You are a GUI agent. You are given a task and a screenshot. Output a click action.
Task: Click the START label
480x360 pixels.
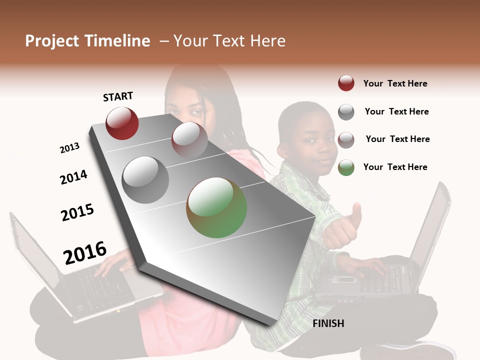pos(118,96)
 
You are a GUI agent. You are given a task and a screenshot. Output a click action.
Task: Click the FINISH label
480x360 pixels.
pos(328,323)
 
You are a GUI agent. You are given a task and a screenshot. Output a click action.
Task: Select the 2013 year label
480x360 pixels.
pos(69,147)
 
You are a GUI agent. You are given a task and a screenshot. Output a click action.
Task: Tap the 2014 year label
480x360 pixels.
pos(73,177)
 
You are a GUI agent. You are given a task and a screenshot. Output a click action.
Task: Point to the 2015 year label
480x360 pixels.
pos(77,212)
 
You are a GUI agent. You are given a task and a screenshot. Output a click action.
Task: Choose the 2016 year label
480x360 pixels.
pos(85,252)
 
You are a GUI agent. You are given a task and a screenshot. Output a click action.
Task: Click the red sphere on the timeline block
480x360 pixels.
pos(122,123)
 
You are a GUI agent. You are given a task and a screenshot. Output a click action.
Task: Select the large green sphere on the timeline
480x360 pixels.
pos(216,207)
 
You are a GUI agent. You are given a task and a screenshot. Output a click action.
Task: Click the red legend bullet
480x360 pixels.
pos(346,83)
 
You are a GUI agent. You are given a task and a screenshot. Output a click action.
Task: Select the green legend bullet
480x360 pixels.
pos(346,167)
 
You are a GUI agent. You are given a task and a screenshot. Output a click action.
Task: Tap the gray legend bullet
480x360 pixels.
pos(346,112)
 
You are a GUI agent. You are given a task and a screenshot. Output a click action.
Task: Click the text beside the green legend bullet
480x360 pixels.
pos(395,167)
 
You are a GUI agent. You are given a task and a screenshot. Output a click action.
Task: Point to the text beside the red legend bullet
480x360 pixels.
pos(395,83)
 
